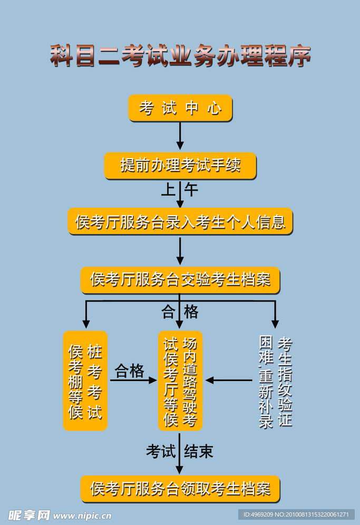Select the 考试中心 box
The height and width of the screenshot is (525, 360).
tap(180, 108)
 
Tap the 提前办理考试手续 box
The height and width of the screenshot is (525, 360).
tap(180, 166)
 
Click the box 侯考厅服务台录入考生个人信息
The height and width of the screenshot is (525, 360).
tap(180, 221)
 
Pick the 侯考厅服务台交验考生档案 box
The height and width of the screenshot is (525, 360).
tap(180, 279)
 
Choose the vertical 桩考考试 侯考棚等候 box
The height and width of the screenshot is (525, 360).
tap(85, 381)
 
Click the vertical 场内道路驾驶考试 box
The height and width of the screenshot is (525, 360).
tap(180, 381)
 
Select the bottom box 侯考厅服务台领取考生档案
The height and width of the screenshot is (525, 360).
tap(180, 489)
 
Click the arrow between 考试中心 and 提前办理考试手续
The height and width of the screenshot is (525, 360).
tap(180, 136)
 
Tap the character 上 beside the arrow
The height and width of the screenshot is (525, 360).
tap(168, 189)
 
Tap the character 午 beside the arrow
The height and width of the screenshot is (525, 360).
tap(191, 189)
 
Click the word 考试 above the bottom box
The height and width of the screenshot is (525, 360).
tap(161, 452)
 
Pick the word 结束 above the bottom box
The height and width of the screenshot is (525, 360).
tap(199, 452)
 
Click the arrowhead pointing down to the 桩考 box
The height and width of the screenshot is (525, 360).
tap(86, 323)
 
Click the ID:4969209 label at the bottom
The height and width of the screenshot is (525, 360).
tap(295, 514)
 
